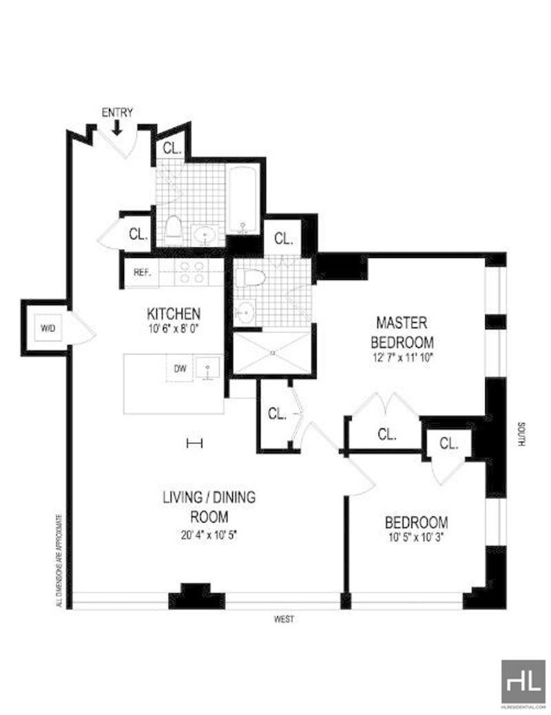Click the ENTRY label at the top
(117, 112)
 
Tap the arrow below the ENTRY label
(117, 127)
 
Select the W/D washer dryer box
(48, 328)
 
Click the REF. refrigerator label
(141, 273)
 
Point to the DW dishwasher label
(179, 367)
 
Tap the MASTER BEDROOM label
(402, 332)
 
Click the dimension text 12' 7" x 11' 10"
(402, 357)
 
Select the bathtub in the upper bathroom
(242, 199)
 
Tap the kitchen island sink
(207, 369)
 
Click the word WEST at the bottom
(283, 619)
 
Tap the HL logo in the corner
(523, 681)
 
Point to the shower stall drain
(273, 353)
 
